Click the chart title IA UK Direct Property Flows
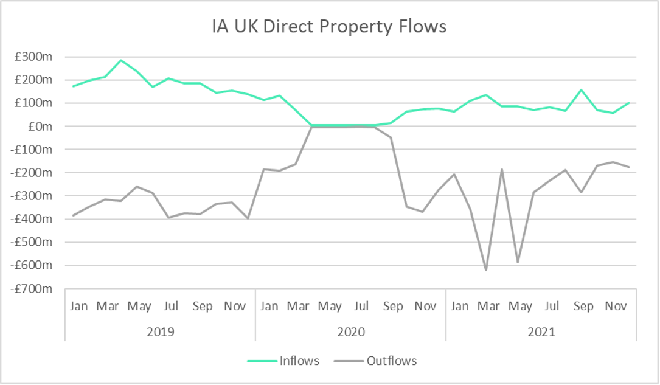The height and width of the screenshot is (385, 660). coord(329,27)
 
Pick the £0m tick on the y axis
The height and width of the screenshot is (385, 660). coord(41,127)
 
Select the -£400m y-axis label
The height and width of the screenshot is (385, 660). coord(33,219)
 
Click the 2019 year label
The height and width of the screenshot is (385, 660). coord(161,332)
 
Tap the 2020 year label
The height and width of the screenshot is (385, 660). coord(351,332)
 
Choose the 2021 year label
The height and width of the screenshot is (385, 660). coord(541,332)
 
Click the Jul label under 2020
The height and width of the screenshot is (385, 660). coord(361,306)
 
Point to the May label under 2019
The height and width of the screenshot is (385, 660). coord(139,306)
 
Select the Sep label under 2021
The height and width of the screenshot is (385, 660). coord(583,306)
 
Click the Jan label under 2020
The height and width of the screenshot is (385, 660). coord(269,306)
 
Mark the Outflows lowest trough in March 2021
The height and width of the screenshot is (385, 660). coord(486,269)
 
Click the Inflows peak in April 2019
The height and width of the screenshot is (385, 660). coord(120,60)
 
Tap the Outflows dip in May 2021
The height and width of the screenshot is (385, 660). coord(518,262)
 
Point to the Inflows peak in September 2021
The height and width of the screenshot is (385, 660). coord(582,90)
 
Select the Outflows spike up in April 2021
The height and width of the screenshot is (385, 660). coord(502,170)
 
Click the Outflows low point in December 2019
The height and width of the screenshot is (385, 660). coord(248,218)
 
